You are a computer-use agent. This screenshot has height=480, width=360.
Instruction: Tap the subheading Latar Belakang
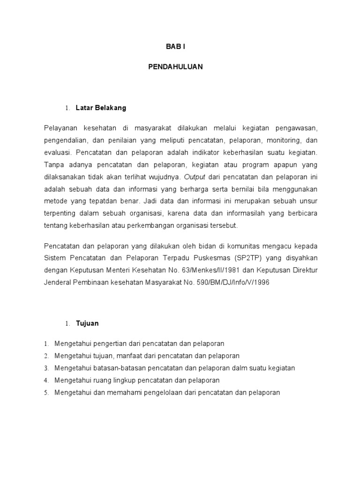click(x=101, y=108)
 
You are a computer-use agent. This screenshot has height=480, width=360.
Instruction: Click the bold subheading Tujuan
click(x=87, y=323)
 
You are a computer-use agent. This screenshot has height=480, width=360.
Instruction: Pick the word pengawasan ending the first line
click(x=297, y=128)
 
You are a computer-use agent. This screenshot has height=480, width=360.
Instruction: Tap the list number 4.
click(x=46, y=381)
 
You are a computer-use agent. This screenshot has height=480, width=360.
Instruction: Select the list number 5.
click(x=46, y=393)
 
